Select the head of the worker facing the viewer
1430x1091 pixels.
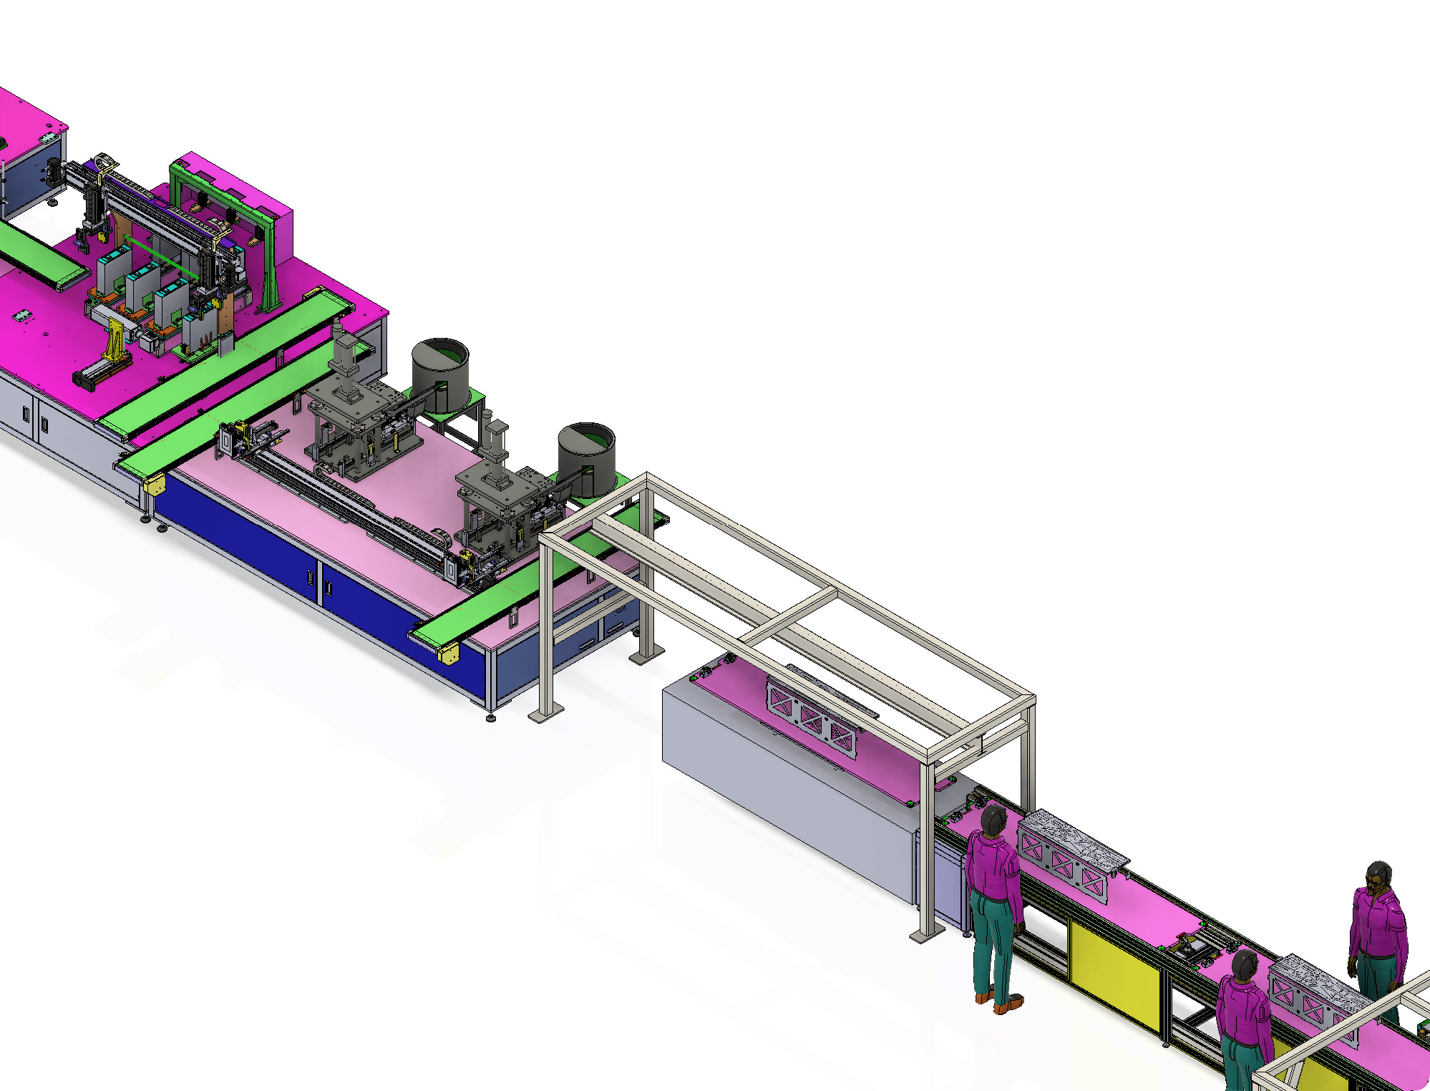(1378, 878)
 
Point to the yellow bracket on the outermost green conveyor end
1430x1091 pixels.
(449, 653)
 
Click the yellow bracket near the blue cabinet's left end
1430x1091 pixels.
(154, 485)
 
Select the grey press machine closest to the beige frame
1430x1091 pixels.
(501, 494)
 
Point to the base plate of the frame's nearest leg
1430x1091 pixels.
(927, 935)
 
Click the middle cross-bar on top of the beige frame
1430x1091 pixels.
(787, 616)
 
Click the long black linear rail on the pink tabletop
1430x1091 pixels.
(344, 501)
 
